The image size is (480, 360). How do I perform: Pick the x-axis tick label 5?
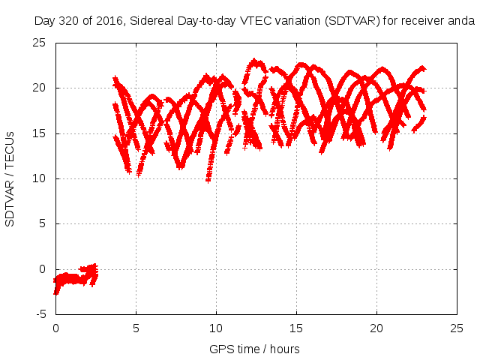(136, 328)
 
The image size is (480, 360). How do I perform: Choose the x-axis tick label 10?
(216, 328)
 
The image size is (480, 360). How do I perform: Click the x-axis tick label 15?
(296, 328)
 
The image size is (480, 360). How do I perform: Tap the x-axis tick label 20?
(376, 328)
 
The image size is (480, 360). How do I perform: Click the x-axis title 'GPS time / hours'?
(256, 349)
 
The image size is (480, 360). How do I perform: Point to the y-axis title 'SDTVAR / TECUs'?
(10, 178)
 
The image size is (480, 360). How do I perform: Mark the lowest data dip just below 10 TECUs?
(208, 180)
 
